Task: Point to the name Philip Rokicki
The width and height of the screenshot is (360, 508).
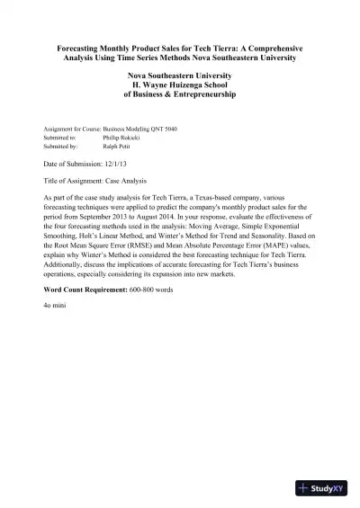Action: (x=122, y=137)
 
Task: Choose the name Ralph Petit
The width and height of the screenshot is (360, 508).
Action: (x=118, y=145)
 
